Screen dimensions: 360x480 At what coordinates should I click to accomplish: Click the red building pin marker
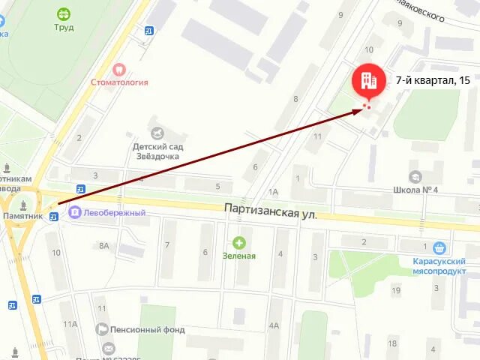367,79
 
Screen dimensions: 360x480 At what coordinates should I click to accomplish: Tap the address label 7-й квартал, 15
433,80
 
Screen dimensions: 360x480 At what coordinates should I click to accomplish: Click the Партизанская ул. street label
271,212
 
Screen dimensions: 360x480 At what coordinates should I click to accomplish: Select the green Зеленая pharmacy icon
238,242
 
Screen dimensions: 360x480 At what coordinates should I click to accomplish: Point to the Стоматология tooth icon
118,69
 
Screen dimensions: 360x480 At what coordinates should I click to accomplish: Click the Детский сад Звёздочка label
157,151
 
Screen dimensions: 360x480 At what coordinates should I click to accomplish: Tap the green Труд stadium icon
64,13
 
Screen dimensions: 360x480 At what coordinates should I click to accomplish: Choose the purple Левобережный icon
75,213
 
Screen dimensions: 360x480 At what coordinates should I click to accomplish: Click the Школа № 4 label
415,189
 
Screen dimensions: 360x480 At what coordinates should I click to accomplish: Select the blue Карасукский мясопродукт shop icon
439,248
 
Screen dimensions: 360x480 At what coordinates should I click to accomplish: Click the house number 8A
103,245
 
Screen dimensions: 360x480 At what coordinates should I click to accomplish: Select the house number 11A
70,324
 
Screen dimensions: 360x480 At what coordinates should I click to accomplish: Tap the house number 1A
273,192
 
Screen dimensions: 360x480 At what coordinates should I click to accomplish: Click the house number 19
395,289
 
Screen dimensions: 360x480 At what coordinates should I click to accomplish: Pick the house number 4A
274,325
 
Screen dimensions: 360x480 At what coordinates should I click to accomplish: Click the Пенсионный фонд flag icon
102,329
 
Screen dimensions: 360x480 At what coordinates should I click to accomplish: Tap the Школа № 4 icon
415,175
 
